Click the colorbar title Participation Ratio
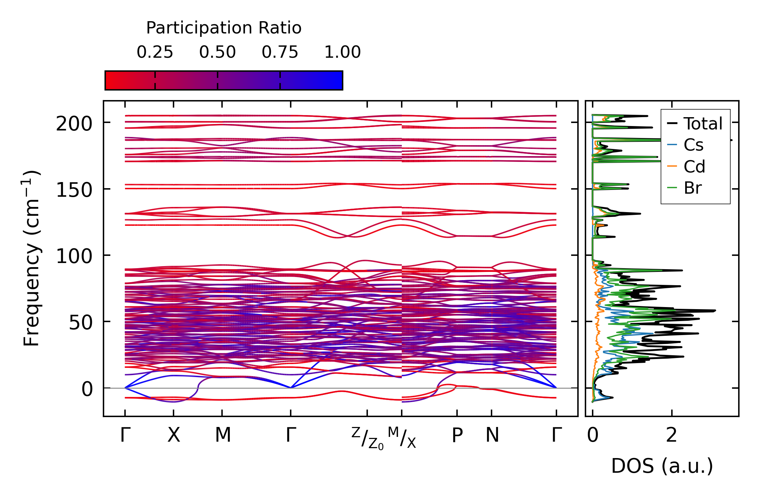click(x=224, y=28)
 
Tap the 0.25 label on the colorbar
click(x=155, y=53)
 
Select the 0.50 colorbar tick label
click(x=218, y=53)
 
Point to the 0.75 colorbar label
click(x=280, y=53)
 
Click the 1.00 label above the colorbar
click(x=342, y=53)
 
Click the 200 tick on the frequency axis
click(x=74, y=124)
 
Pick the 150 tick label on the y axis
click(x=74, y=190)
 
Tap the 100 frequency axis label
click(x=74, y=256)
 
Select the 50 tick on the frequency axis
click(x=81, y=322)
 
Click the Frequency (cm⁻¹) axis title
click(x=32, y=258)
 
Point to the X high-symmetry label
click(x=174, y=436)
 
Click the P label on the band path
click(x=457, y=436)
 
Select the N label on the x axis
click(x=492, y=436)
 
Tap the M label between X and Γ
click(x=223, y=436)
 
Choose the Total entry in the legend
click(x=703, y=124)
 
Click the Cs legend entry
click(x=693, y=145)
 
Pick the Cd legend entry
click(x=694, y=167)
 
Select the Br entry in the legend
click(x=692, y=188)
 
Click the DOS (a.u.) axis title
click(x=662, y=466)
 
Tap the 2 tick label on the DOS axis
click(x=672, y=436)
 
